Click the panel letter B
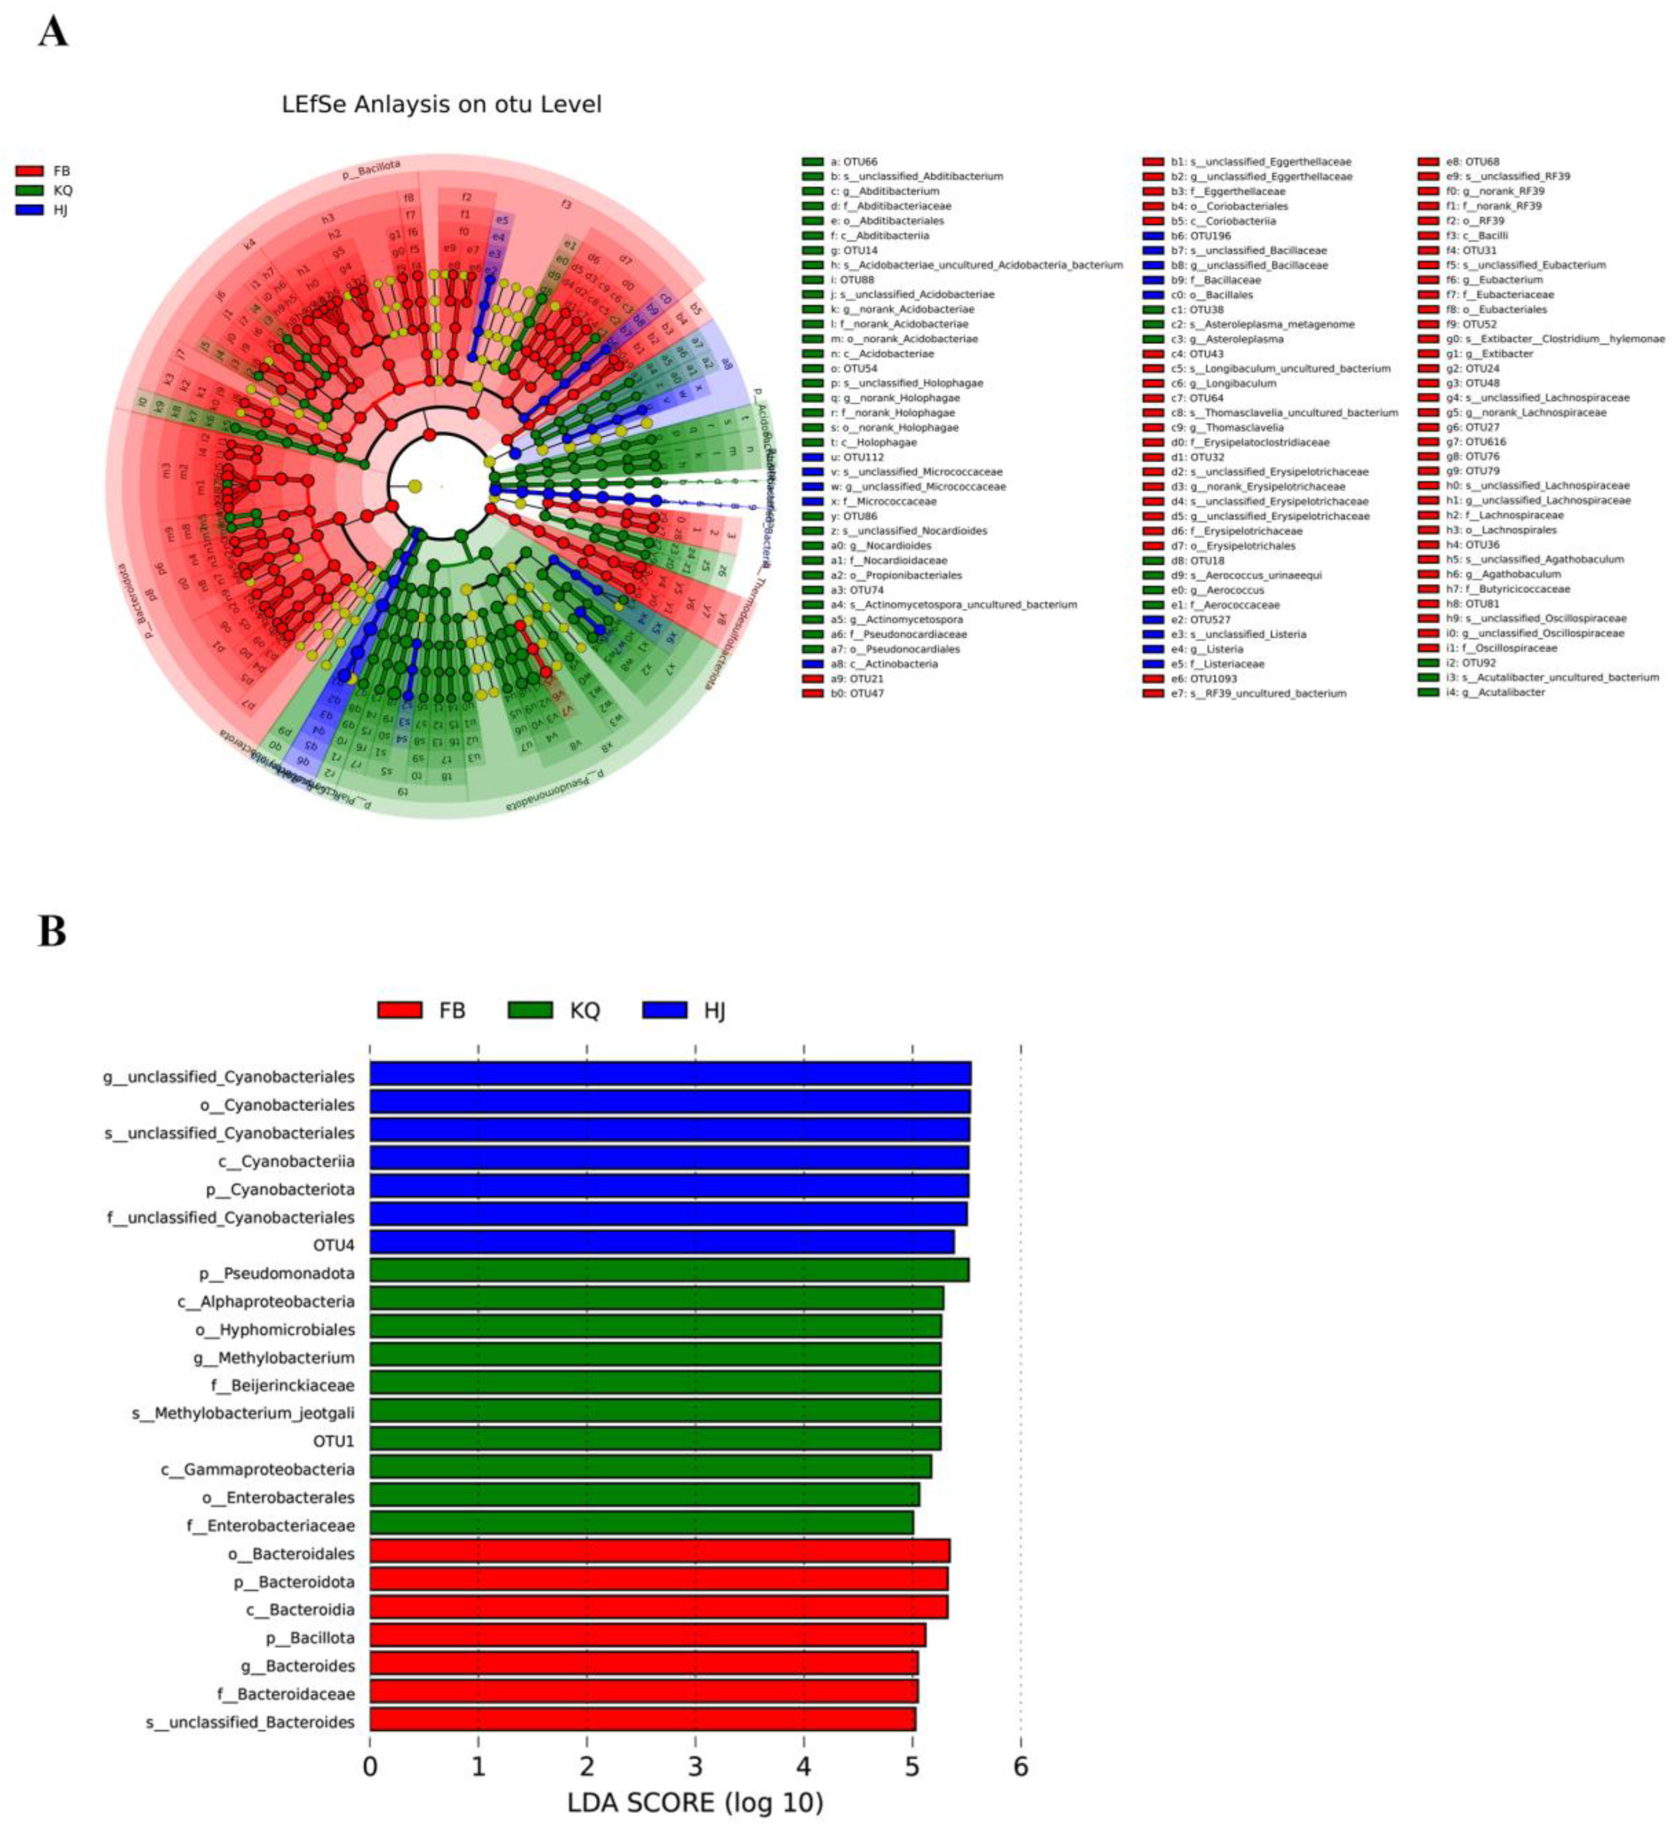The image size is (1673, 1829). coord(52,932)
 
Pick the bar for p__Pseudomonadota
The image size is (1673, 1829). coord(668,1270)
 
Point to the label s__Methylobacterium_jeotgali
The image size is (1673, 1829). coord(243,1413)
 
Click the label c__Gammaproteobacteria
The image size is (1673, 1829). coord(257,1469)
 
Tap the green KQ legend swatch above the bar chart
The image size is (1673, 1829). coord(530,1010)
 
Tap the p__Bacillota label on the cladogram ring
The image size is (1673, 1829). coord(371,170)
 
